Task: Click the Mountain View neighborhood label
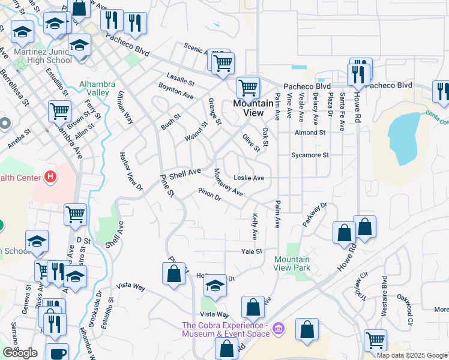click(x=253, y=108)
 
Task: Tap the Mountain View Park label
click(x=292, y=263)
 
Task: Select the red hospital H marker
click(x=51, y=177)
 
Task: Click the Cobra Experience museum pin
click(x=277, y=328)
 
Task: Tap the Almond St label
click(x=310, y=133)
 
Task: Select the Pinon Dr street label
click(x=209, y=195)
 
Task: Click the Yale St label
click(x=252, y=251)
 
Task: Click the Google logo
click(x=20, y=353)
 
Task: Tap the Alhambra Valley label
click(x=94, y=88)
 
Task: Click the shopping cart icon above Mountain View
click(x=247, y=88)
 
